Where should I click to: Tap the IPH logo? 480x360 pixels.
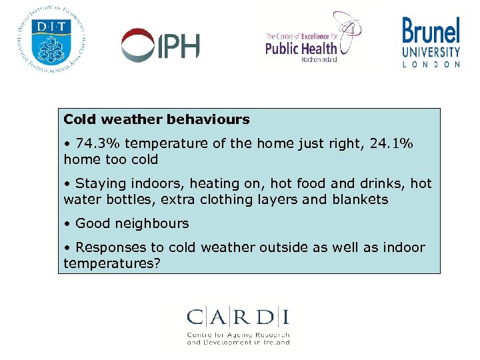click(160, 45)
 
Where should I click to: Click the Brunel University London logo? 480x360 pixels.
click(431, 42)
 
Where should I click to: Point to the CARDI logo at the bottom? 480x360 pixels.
click(238, 325)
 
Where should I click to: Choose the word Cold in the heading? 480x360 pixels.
click(79, 120)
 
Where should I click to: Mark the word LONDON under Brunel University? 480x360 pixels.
click(431, 65)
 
